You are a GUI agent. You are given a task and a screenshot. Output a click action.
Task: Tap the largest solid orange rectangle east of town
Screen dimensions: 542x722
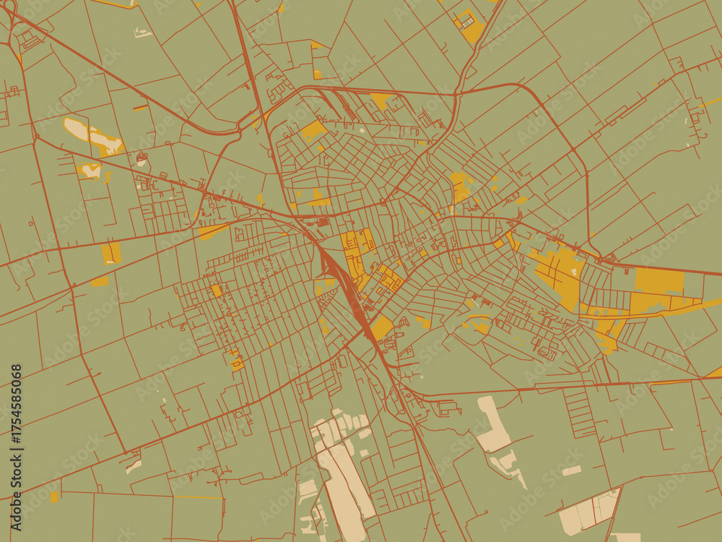tap(659, 281)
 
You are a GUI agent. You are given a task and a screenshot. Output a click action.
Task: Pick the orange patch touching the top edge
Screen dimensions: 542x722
tap(471, 27)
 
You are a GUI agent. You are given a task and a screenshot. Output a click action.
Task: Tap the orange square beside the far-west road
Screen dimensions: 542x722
tap(111, 253)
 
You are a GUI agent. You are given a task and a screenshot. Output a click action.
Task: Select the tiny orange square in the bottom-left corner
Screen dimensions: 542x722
tap(54, 496)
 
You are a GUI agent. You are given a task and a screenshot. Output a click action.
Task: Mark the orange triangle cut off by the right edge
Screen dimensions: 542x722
tap(715, 372)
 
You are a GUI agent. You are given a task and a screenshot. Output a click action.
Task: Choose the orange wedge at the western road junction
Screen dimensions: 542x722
tap(212, 231)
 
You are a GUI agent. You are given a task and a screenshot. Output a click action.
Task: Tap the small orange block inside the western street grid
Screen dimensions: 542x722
tap(216, 291)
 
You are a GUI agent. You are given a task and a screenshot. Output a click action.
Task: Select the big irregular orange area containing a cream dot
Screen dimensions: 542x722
tap(560, 271)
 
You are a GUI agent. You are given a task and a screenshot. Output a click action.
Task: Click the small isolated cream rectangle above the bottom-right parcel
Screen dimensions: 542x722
tap(571, 470)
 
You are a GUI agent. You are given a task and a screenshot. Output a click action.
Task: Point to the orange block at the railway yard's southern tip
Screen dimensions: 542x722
tap(380, 327)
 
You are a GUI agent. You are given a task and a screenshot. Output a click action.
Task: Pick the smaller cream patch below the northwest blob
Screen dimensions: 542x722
tap(91, 171)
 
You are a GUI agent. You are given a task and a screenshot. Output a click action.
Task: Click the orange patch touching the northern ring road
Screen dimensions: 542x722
tap(380, 99)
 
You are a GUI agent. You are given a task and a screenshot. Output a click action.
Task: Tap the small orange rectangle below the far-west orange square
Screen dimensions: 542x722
tap(99, 282)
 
